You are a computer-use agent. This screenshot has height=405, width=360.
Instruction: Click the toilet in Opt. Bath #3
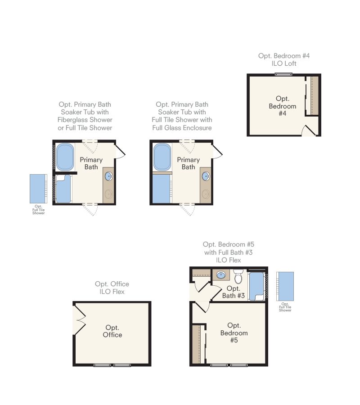238,276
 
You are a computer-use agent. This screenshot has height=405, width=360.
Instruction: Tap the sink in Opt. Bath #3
221,275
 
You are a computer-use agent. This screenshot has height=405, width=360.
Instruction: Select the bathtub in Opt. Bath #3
256,286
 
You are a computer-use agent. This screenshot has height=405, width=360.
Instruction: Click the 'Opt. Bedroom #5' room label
234,333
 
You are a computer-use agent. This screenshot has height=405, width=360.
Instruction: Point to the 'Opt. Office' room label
112,331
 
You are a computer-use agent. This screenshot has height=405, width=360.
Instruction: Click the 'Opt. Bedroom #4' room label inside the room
282,106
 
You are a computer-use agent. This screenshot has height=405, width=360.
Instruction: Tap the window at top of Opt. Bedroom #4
283,74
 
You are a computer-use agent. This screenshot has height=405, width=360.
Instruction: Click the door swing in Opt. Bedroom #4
308,130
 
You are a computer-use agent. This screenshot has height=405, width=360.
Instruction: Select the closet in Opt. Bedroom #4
312,95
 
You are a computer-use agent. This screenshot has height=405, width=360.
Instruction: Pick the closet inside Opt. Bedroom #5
198,344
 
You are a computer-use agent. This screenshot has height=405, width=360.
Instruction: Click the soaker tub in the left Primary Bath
65,157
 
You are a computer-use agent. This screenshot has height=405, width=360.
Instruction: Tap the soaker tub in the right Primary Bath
162,157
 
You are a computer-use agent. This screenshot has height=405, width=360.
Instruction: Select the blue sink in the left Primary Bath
109,176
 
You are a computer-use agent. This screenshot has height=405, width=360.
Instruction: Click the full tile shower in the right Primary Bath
162,189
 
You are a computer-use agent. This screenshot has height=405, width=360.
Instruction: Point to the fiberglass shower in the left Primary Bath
63,189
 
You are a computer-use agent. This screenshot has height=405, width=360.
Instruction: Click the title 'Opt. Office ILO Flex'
112,288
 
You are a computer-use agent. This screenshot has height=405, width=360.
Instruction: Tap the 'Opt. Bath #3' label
234,292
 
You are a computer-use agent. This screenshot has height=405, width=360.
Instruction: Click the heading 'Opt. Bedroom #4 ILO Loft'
284,60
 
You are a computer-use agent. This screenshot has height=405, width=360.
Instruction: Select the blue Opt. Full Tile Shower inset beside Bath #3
285,286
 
